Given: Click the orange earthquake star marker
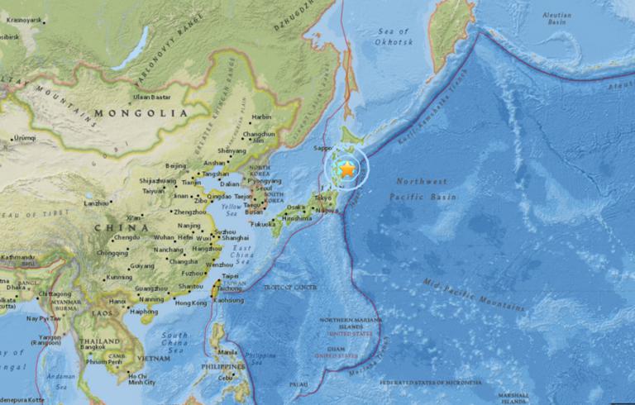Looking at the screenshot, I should click(x=347, y=169).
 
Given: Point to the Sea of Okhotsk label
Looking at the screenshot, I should click(x=394, y=36).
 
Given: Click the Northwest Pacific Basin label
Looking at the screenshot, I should click(x=422, y=189).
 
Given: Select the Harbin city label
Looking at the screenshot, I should click(x=260, y=117).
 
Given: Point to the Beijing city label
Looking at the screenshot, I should click(x=175, y=165).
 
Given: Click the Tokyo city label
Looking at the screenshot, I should click(x=322, y=198).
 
